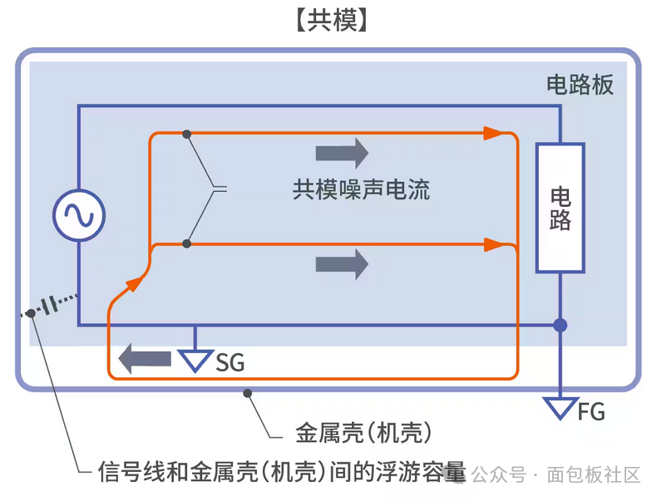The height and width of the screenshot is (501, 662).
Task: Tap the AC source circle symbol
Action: [x=79, y=216]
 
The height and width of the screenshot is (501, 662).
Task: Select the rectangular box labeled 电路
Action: [x=561, y=208]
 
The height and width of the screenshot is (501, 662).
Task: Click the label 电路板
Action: [x=580, y=86]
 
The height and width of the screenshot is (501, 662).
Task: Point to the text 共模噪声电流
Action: [x=361, y=189]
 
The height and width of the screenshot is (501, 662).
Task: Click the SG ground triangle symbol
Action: [x=195, y=359]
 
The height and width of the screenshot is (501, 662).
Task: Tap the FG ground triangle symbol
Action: [x=561, y=408]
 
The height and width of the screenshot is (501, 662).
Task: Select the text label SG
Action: [x=230, y=363]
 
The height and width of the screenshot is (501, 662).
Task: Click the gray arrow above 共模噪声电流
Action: [x=342, y=154]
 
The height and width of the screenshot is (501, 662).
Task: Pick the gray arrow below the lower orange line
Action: [x=342, y=265]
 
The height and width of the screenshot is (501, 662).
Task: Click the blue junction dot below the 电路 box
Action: [x=561, y=325]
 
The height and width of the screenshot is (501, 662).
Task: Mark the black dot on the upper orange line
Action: [x=187, y=134]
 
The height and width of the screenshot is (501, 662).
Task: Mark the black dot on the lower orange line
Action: [x=187, y=244]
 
